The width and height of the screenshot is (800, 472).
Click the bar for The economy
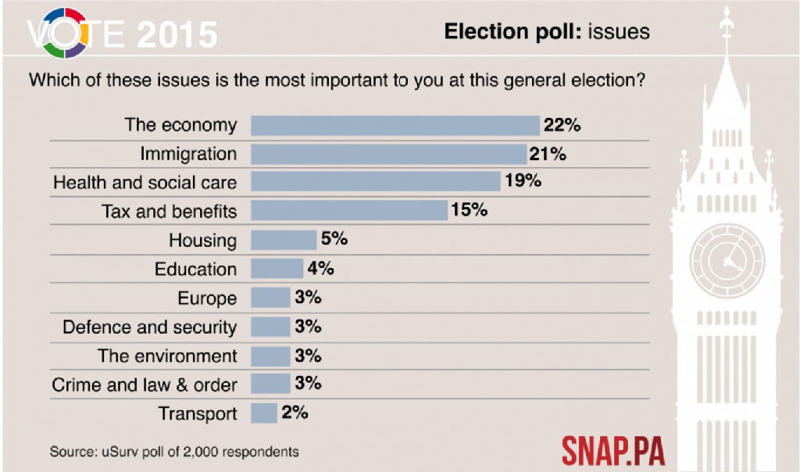[395, 125]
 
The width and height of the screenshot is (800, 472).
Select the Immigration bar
[388, 154]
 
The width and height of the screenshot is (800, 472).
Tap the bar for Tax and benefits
[349, 211]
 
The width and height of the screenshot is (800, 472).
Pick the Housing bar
[284, 240]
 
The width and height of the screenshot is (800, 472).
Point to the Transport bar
[264, 413]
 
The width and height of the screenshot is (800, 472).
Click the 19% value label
[523, 182]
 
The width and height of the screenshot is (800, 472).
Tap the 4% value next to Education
[321, 268]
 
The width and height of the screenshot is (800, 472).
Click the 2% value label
[295, 413]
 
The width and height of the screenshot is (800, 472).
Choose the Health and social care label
[145, 183]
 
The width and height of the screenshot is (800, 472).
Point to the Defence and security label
[149, 327]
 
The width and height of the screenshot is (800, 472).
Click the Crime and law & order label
[145, 384]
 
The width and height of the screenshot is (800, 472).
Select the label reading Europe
[207, 298]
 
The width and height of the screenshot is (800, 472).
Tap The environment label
[167, 356]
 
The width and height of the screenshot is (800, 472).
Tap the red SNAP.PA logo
[613, 451]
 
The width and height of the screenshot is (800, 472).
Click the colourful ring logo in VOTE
[64, 33]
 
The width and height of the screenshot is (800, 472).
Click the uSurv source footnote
[174, 452]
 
